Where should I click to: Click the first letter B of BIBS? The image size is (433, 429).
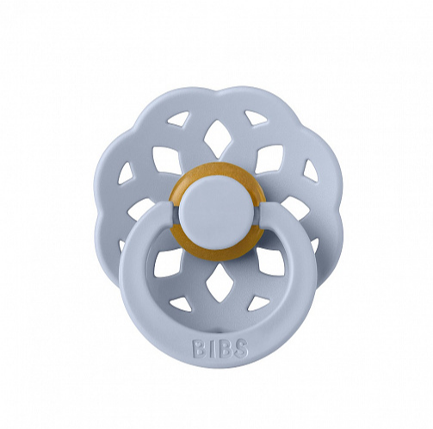coord(198,349)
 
